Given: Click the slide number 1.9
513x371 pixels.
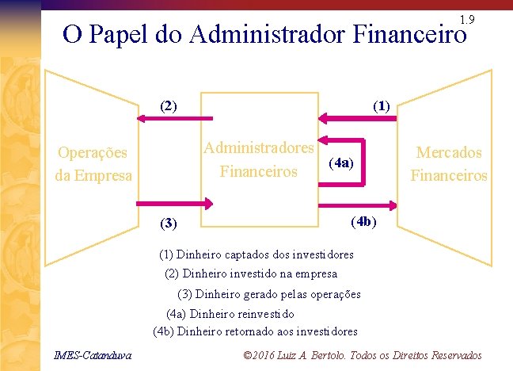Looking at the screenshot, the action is [466, 18].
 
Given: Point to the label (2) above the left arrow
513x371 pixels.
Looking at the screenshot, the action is [169, 105].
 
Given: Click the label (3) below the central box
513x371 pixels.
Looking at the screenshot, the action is [169, 223].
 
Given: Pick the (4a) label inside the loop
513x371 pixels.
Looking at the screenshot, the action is [342, 163].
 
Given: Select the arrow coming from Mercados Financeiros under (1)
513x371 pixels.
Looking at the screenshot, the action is [361, 119].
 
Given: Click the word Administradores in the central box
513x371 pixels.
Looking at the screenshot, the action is [259, 147].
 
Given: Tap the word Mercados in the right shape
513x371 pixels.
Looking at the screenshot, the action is [449, 152].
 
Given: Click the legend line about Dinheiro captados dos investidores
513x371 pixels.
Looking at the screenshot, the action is [256, 255].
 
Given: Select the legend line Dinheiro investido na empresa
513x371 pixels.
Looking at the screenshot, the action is [251, 274].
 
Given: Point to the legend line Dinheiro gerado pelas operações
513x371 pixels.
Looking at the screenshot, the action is [264, 294].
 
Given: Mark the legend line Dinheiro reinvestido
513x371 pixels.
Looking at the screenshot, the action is [230, 313].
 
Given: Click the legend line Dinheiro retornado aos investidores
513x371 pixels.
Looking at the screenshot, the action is [255, 331].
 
